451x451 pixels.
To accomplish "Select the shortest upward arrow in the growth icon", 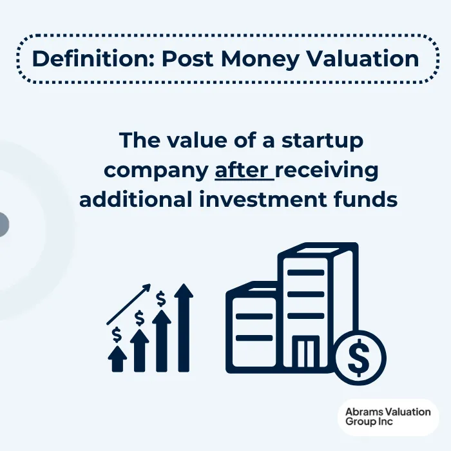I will (117, 360).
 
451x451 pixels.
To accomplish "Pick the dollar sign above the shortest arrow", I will (117, 335).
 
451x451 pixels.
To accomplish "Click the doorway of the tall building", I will (306, 353).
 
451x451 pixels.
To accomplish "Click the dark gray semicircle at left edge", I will (3, 224).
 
